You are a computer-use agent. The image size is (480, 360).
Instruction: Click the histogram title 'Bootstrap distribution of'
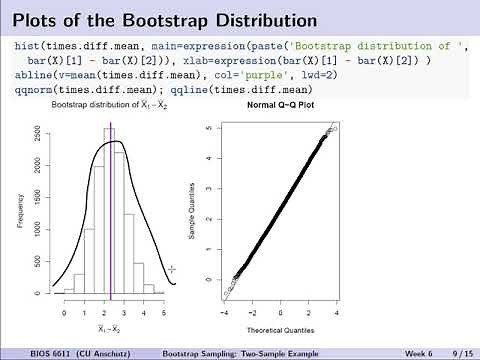[95, 105]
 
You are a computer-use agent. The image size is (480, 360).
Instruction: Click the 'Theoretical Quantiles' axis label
[283, 329]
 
